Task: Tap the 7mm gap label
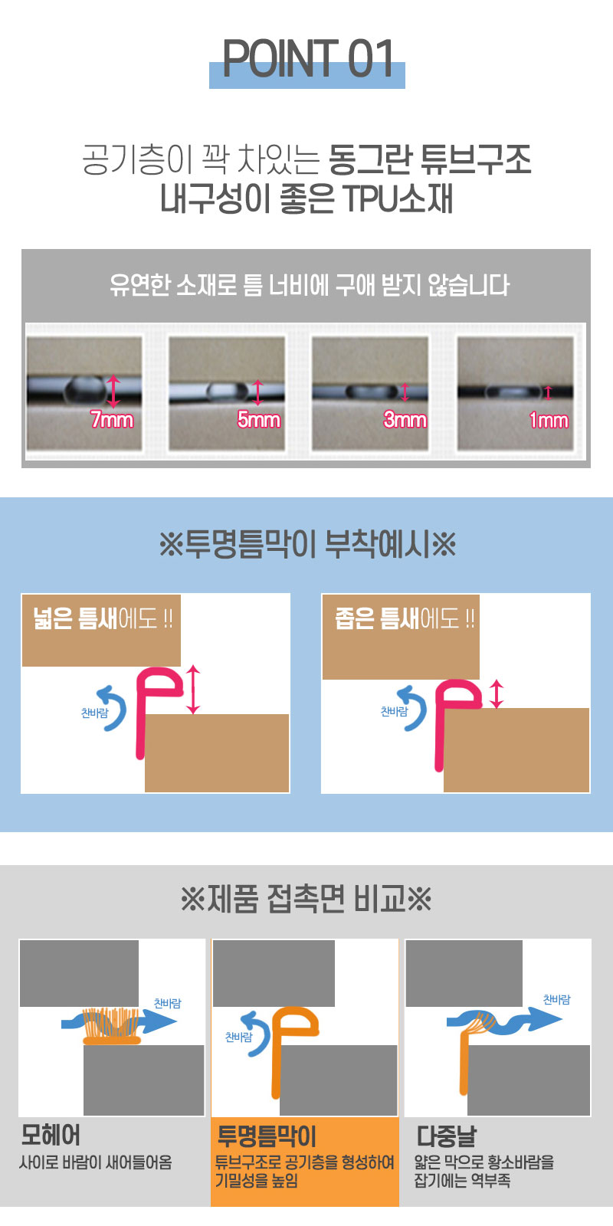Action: [x=112, y=420]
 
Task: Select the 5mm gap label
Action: [x=258, y=420]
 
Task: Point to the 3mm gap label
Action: [x=405, y=420]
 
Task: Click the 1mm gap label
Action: [x=549, y=421]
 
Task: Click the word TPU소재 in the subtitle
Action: [x=398, y=198]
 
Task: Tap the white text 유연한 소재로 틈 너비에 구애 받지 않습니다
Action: [x=310, y=285]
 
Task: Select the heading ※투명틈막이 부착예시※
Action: [x=307, y=544]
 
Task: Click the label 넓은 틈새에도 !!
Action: [x=103, y=618]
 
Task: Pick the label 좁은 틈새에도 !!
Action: [x=405, y=618]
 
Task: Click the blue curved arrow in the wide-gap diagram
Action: [x=113, y=708]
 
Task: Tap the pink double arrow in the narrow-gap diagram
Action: [x=496, y=693]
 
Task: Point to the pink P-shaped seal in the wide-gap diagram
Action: [x=140, y=712]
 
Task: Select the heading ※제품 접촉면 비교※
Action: [x=306, y=899]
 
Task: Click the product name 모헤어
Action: [x=51, y=1135]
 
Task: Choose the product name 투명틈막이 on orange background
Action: [x=267, y=1136]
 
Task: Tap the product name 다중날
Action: [x=447, y=1136]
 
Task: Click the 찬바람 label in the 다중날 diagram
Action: [x=556, y=999]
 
